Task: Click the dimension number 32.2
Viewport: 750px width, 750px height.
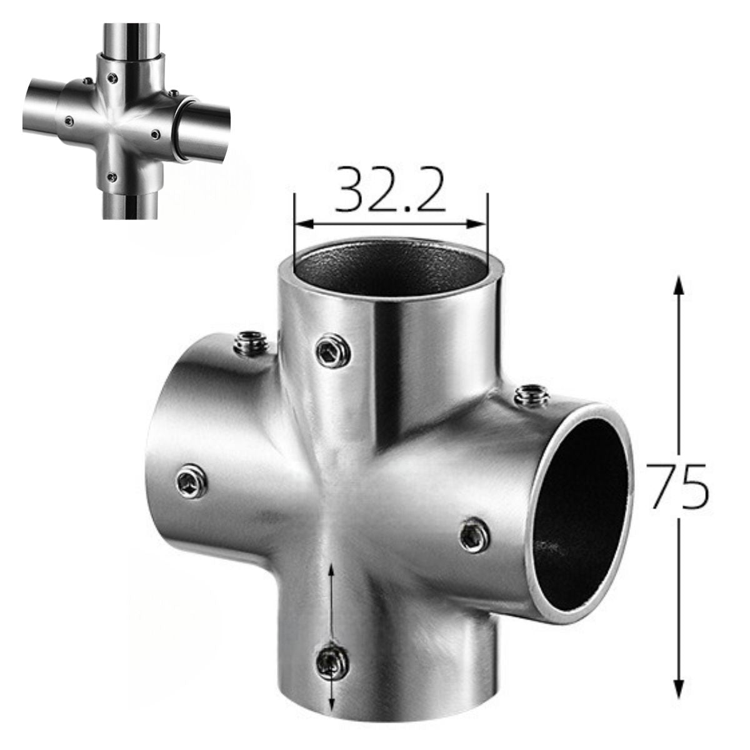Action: [x=390, y=189]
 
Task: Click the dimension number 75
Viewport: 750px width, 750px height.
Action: [x=677, y=486]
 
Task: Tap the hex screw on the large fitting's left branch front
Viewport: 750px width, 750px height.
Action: [x=189, y=482]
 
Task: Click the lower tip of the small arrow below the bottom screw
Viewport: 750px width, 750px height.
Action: [x=331, y=710]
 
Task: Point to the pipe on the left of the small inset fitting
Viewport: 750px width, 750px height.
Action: [x=41, y=110]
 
